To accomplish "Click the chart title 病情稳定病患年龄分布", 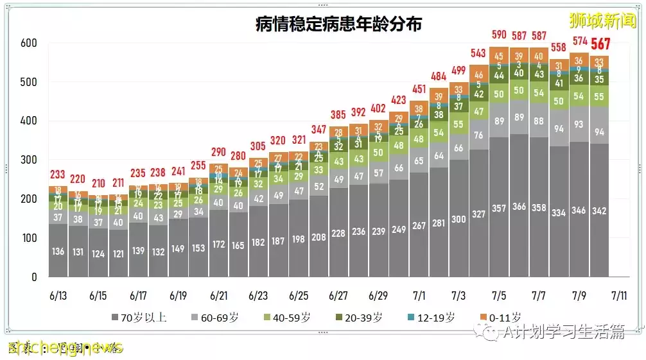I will [338, 24].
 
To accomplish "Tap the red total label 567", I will [600, 44].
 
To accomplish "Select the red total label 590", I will [499, 35].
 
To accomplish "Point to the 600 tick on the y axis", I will [29, 44].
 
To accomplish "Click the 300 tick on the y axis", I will [29, 160].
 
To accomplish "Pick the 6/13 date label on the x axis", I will [58, 296].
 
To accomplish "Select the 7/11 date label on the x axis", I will [619, 296].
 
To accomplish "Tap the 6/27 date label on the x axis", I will [338, 296].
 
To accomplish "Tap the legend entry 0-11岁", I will [503, 317].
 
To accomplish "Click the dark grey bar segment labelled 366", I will [519, 207].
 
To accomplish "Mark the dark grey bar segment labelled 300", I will [458, 219].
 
